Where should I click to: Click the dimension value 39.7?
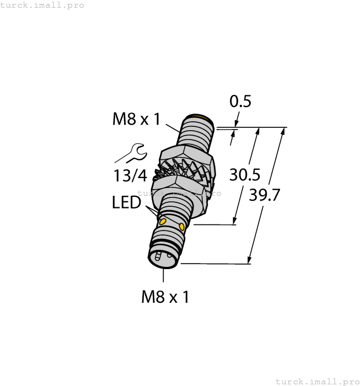(x=265, y=195)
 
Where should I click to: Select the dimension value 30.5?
(x=245, y=175)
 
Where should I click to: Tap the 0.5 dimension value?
(x=240, y=102)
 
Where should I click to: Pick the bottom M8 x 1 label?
(x=165, y=297)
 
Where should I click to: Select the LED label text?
(x=126, y=203)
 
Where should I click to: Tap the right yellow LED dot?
(x=181, y=226)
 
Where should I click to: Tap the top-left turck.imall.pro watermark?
(x=42, y=5)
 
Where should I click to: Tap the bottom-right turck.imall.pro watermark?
(x=316, y=381)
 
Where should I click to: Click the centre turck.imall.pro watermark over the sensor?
(x=179, y=193)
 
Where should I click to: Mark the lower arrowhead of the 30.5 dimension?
(x=235, y=221)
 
